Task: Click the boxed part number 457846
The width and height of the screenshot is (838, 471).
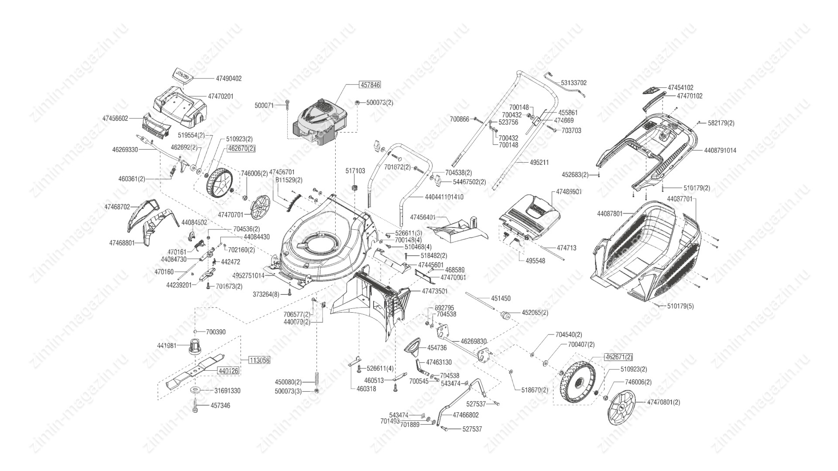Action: coord(369,85)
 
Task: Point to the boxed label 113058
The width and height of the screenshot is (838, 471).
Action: coord(260,360)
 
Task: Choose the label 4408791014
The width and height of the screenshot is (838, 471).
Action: coord(720,150)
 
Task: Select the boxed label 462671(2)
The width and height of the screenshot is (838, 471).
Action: coord(618,357)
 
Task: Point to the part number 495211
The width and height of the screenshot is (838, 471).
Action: coord(539,162)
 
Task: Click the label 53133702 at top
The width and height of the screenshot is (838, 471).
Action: coord(574,82)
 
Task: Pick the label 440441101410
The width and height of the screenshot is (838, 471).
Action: coord(444,197)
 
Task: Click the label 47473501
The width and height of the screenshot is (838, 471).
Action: coord(435,291)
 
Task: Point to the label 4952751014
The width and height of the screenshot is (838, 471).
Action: coord(248,276)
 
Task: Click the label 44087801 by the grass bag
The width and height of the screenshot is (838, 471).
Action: coord(610,214)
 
